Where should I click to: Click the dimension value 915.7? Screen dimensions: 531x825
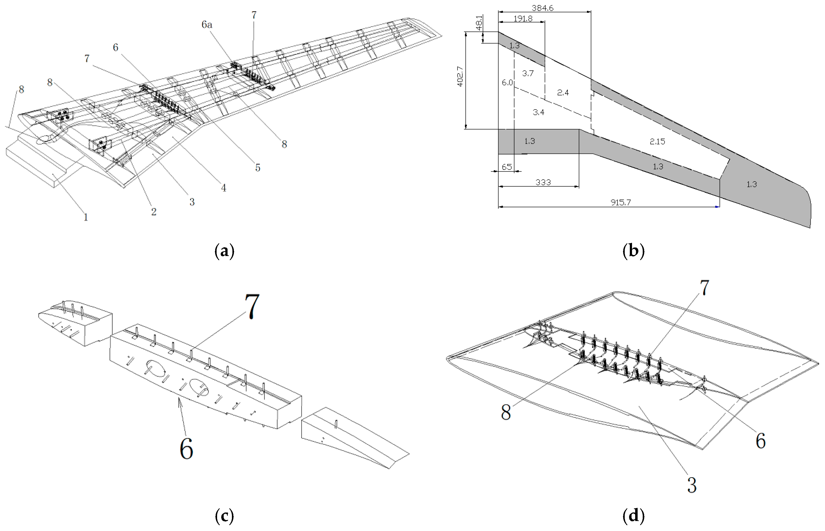[621, 202]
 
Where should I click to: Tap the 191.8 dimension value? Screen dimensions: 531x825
[523, 18]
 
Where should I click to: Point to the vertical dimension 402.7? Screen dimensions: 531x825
[460, 77]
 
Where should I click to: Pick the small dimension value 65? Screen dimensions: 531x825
[506, 167]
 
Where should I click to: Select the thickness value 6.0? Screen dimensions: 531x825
[507, 82]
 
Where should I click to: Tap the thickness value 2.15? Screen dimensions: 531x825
[657, 141]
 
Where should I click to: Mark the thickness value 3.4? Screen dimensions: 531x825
[538, 112]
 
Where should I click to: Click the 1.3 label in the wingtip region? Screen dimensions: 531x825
[752, 184]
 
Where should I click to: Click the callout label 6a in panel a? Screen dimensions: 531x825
[207, 25]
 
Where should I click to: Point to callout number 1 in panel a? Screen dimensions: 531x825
[86, 217]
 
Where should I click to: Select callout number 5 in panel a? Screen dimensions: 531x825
[257, 168]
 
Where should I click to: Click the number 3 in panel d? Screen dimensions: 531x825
[692, 485]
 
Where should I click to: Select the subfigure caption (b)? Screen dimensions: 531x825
[633, 251]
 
